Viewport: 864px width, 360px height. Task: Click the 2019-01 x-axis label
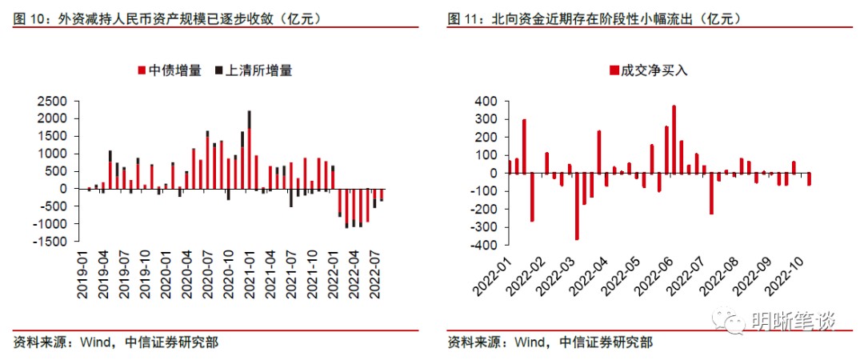[x=83, y=277]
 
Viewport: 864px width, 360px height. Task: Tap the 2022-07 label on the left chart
[x=373, y=277]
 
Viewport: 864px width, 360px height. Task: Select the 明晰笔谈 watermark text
[x=793, y=322]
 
